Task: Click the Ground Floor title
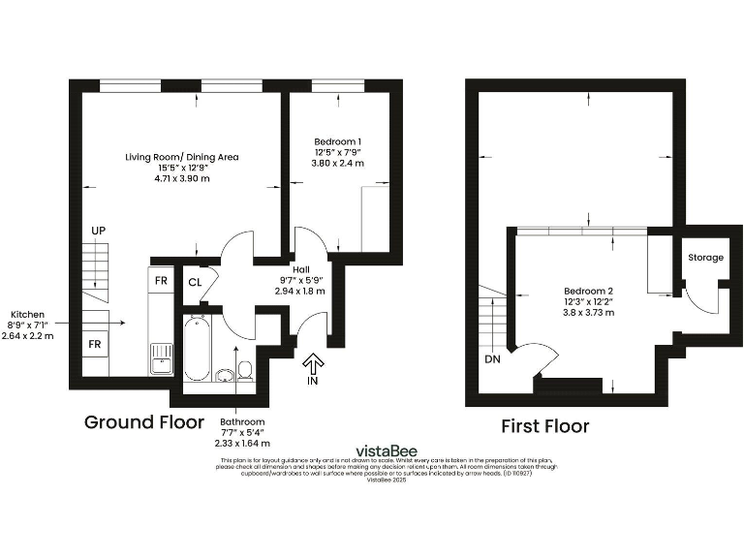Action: (x=144, y=422)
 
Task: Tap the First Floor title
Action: (x=544, y=426)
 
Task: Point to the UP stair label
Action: (x=98, y=231)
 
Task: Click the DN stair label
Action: (x=492, y=359)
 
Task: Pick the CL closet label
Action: (x=195, y=282)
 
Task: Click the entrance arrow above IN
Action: (x=313, y=363)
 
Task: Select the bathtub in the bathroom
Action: (x=196, y=347)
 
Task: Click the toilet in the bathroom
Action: (x=245, y=370)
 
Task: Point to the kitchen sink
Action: (x=161, y=365)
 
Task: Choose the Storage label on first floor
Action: (x=705, y=258)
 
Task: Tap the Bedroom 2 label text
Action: (x=589, y=291)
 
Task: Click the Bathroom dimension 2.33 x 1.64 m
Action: (x=243, y=443)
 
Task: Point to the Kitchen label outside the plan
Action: (x=27, y=315)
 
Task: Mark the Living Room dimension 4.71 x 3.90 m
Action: (x=182, y=178)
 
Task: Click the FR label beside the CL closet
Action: (x=161, y=282)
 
